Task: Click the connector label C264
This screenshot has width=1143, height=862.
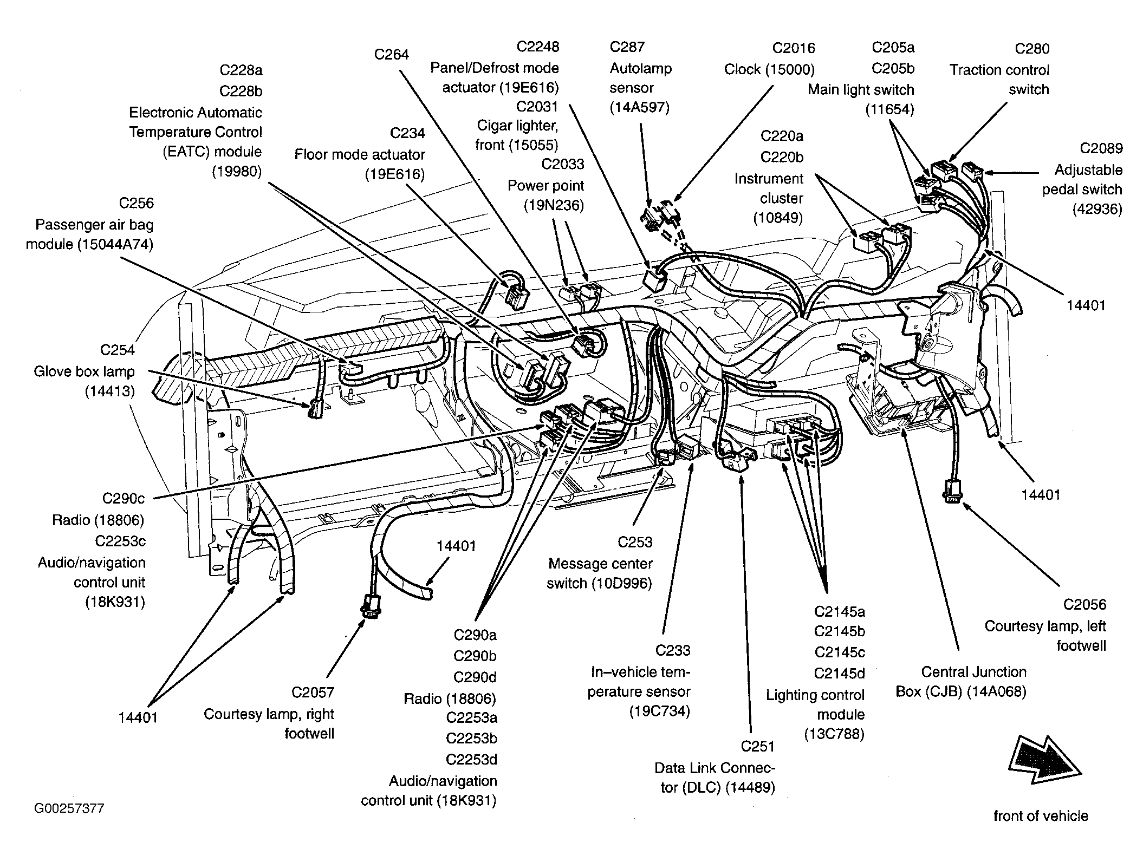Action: [x=391, y=54]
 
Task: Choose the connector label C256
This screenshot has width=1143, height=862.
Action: [x=137, y=203]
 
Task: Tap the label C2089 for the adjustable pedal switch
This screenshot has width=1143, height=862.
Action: [x=1101, y=148]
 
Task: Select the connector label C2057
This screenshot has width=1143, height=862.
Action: [x=313, y=692]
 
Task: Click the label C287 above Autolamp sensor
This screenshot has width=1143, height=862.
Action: [x=627, y=47]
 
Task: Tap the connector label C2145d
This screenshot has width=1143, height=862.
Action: [x=839, y=674]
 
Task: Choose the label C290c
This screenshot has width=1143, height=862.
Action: [x=124, y=498]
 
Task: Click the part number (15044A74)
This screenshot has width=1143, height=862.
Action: [x=115, y=244]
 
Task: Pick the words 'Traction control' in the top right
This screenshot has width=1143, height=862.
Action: [x=999, y=70]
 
